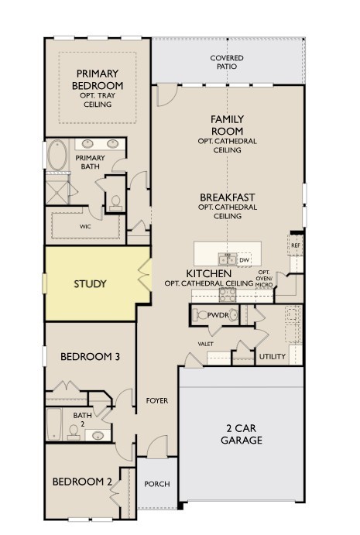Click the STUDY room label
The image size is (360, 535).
(90, 284)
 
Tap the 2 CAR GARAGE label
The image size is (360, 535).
(242, 434)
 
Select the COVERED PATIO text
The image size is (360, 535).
(227, 62)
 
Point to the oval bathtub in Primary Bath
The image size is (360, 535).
(57, 156)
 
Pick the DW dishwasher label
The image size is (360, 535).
(244, 260)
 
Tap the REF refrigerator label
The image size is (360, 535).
(296, 245)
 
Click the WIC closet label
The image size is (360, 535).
(85, 227)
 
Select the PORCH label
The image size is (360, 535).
(157, 484)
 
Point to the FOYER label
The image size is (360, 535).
(157, 400)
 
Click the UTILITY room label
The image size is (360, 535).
(273, 357)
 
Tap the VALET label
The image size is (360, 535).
(205, 344)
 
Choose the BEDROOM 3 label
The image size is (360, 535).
(90, 357)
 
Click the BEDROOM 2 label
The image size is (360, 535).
(82, 482)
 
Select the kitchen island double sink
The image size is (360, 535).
(228, 259)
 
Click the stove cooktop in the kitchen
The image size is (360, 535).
(228, 295)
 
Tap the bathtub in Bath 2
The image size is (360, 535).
(54, 424)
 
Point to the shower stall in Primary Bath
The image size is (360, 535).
(57, 192)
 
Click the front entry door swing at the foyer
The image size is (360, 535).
(158, 446)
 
